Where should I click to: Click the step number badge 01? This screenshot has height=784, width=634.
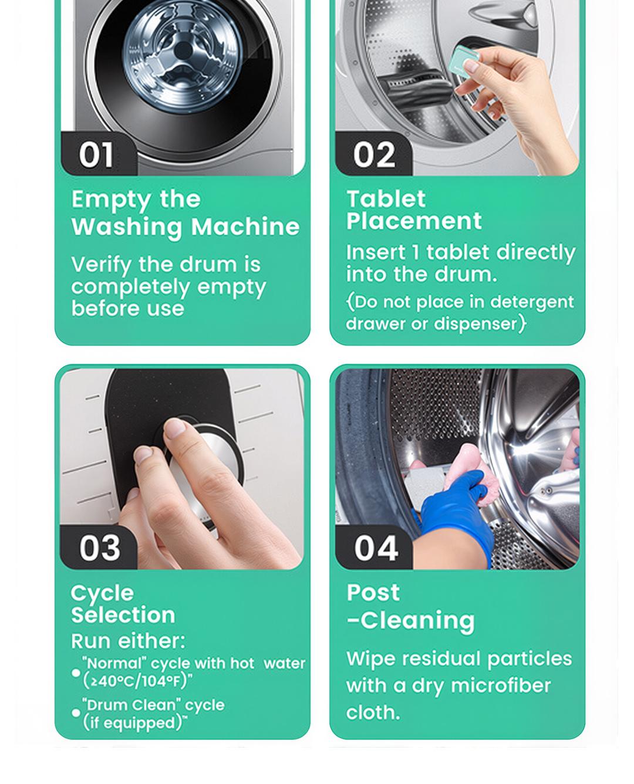(x=97, y=155)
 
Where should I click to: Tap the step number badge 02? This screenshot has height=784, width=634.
(x=373, y=155)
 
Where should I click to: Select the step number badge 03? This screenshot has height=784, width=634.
(x=99, y=548)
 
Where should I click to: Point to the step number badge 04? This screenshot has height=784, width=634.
(x=375, y=548)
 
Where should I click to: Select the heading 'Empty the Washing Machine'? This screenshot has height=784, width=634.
(x=185, y=213)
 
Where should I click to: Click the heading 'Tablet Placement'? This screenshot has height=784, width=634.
(x=413, y=210)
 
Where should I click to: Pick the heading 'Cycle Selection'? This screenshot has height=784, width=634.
(x=123, y=604)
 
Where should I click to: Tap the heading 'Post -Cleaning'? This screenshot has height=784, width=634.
(x=410, y=606)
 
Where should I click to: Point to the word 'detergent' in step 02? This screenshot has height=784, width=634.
(x=532, y=302)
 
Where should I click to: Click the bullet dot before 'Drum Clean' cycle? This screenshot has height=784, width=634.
(x=76, y=713)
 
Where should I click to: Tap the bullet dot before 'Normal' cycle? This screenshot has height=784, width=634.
(x=76, y=673)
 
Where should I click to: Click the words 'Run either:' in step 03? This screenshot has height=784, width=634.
(x=128, y=641)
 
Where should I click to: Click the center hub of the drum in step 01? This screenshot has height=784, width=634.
(x=184, y=51)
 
